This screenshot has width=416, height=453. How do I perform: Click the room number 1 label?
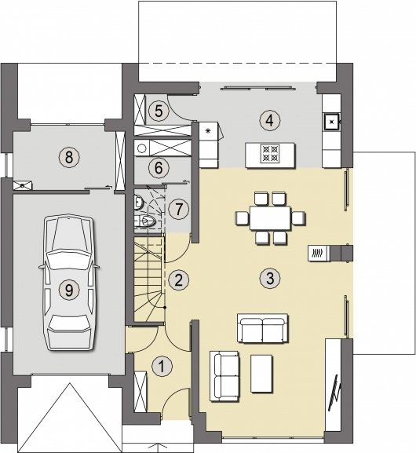click(162, 367)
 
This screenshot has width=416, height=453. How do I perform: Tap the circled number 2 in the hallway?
click(178, 280)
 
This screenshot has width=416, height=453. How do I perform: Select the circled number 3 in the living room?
click(270, 279)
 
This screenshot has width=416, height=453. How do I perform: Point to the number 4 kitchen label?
click(269, 121)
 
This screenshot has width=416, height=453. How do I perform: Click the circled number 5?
click(159, 111)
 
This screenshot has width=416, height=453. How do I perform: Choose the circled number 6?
click(159, 168)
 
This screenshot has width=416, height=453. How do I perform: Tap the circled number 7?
click(179, 209)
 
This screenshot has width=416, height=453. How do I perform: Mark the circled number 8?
click(69, 158)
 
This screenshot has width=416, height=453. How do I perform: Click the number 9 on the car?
click(69, 290)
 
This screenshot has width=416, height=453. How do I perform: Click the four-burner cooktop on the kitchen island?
click(270, 153)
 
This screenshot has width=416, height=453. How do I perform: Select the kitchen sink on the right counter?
click(332, 122)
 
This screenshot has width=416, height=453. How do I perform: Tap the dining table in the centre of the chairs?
click(270, 217)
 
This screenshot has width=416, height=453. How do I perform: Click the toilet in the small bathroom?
click(148, 221)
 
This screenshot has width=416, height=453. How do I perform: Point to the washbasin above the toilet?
click(139, 202)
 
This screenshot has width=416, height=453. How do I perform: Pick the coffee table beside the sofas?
click(261, 374)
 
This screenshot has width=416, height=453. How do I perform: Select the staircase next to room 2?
click(149, 279)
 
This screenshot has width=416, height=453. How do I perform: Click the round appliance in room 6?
click(142, 148)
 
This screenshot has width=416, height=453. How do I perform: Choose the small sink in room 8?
click(23, 185)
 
